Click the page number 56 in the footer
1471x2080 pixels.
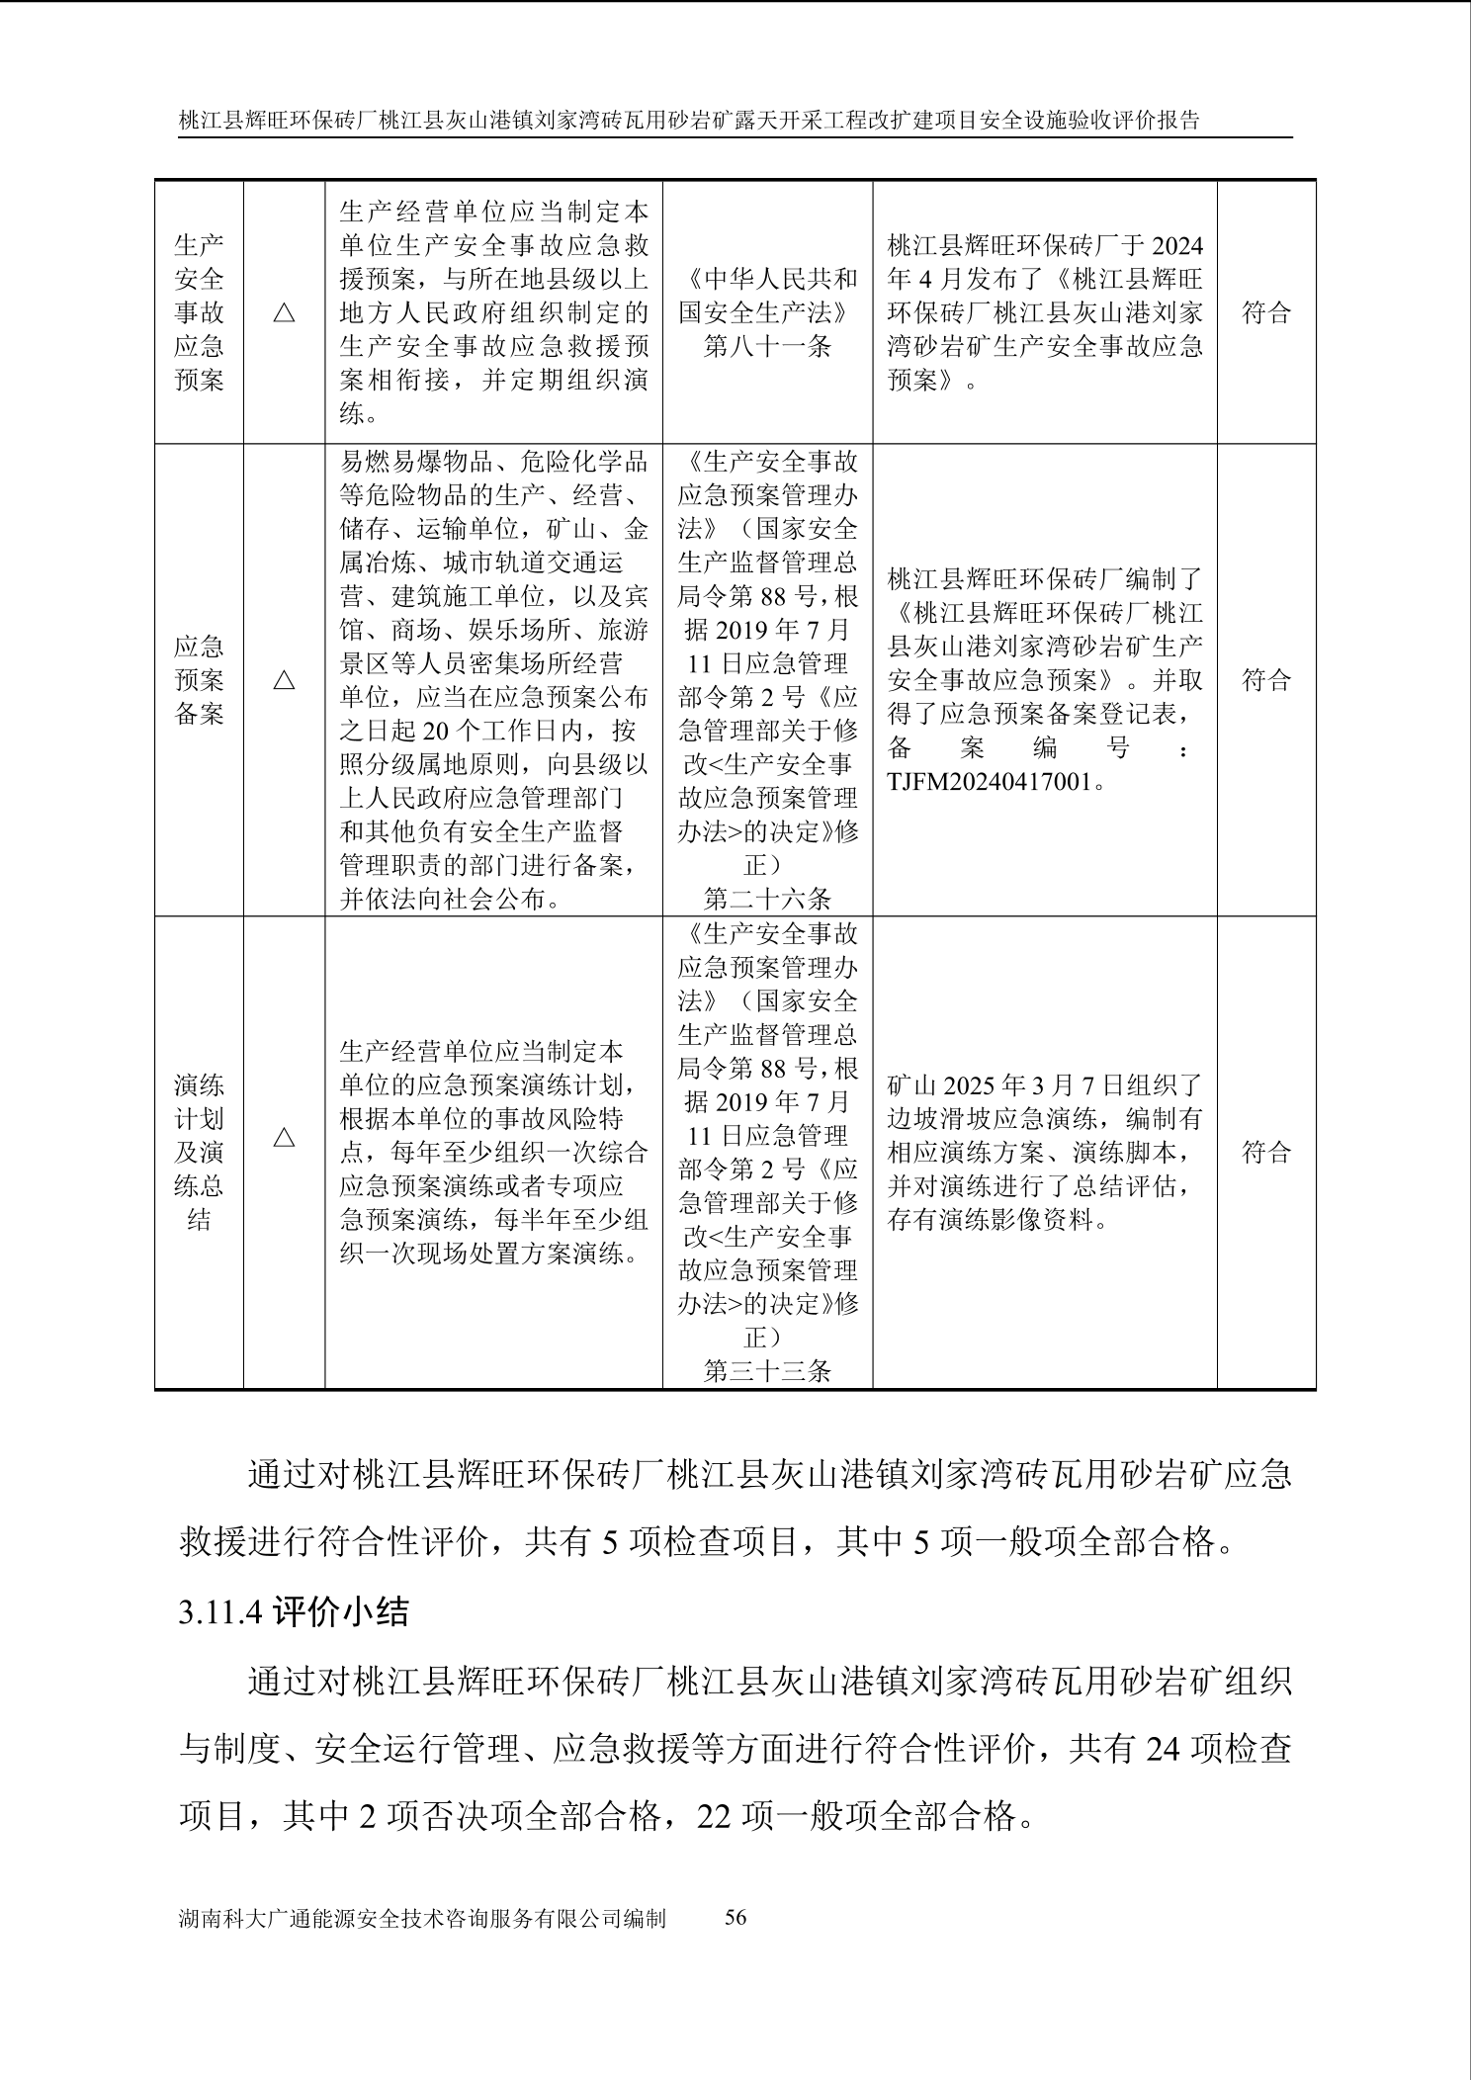[735, 1918]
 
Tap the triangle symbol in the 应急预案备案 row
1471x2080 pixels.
[284, 680]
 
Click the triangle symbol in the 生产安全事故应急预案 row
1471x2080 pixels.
[284, 312]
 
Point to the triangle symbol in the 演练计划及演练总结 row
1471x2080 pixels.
[284, 1137]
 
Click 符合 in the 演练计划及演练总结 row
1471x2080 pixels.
[1266, 1152]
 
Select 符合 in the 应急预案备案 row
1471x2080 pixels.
[1266, 680]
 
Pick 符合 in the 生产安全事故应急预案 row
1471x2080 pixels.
[1266, 312]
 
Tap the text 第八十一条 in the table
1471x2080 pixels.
[767, 346]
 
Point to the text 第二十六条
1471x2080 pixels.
[767, 899]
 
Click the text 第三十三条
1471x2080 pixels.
[767, 1370]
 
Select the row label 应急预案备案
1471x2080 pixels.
[199, 680]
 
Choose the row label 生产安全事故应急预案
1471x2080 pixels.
[199, 312]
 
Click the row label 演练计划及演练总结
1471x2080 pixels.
[199, 1152]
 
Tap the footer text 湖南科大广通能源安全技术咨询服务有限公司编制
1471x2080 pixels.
[422, 1919]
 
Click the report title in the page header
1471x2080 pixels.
[689, 121]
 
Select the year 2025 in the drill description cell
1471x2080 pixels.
[970, 1085]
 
